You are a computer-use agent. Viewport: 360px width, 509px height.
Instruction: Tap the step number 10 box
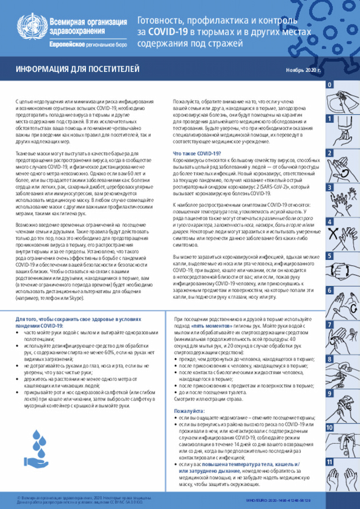[328, 427]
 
